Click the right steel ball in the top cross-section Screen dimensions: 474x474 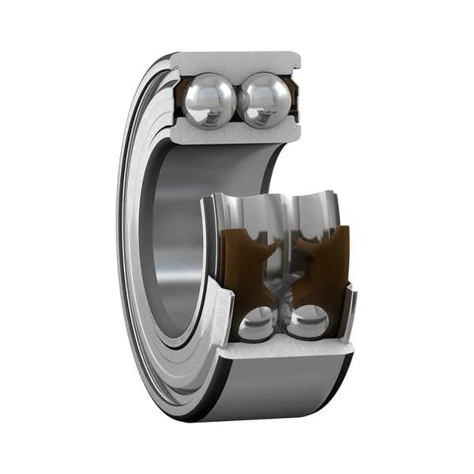(x=264, y=100)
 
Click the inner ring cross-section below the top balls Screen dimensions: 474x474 (x=237, y=134)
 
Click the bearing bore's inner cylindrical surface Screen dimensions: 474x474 (x=170, y=237)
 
